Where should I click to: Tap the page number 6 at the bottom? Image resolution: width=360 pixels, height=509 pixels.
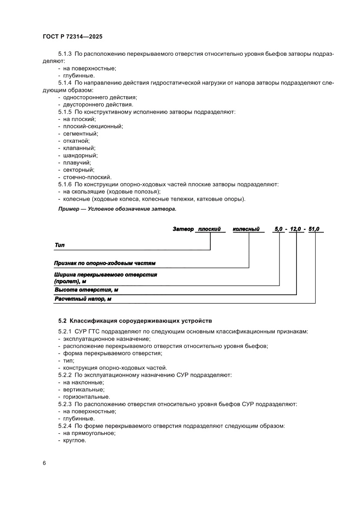tap(44, 462)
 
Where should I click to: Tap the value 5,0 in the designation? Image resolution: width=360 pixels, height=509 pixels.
tap(278, 229)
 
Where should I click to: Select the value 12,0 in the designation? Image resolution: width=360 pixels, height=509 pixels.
tap(296, 229)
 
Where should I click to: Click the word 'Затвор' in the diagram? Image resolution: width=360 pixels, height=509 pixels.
tap(183, 229)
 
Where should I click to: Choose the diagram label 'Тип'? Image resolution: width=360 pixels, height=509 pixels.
tap(59, 245)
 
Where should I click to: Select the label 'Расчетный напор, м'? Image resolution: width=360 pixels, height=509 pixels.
tap(82, 299)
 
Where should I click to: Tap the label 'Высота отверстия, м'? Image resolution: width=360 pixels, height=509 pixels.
tap(86, 290)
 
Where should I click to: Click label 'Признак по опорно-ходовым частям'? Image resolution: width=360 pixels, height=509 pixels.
tap(104, 263)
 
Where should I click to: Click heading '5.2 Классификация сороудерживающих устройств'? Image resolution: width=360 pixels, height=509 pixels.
tap(135, 320)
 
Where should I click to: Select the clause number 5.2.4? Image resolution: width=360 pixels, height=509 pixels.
tap(65, 425)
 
